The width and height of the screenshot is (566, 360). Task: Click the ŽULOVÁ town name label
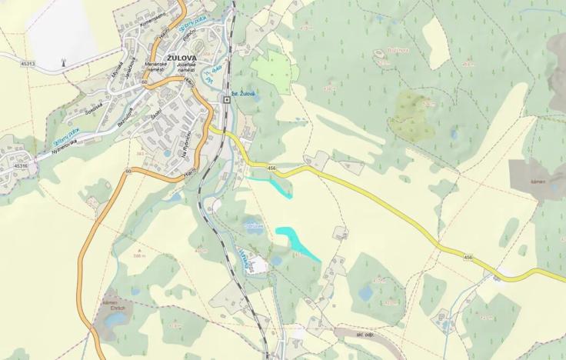[183, 57]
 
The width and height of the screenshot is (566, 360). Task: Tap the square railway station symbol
[227, 99]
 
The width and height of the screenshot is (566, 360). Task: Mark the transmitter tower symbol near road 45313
[62, 61]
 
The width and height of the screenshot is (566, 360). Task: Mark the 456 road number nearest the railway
[271, 167]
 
